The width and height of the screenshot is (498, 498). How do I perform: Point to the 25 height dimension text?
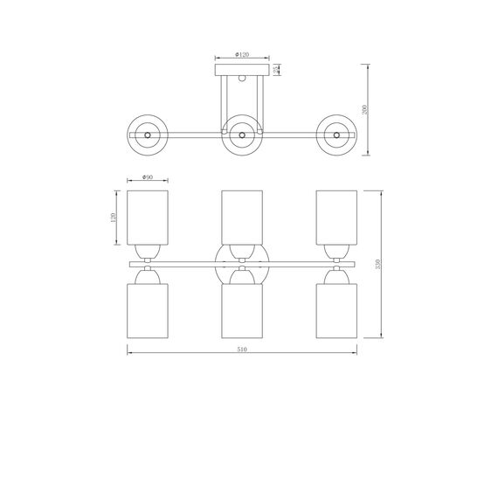click(x=277, y=69)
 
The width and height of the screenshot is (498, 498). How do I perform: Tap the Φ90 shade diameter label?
click(x=147, y=177)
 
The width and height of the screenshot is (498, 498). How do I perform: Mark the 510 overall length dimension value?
click(x=242, y=349)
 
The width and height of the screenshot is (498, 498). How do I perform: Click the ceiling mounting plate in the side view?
click(x=240, y=69)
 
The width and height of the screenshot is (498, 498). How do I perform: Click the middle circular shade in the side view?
click(x=240, y=135)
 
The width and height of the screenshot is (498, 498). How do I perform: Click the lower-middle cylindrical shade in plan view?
click(x=241, y=310)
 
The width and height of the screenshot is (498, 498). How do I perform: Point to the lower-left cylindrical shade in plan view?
click(x=147, y=310)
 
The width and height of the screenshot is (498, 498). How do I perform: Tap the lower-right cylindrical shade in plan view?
click(x=335, y=310)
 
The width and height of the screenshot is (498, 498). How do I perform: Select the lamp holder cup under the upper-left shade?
click(x=147, y=251)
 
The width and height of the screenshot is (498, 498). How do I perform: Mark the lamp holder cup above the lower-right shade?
click(x=335, y=275)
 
